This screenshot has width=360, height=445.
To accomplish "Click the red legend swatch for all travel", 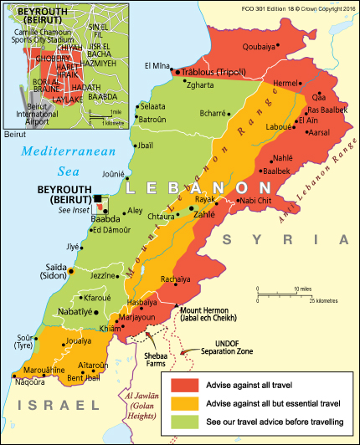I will tap(185, 384).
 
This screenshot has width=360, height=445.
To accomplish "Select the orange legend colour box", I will tap(185, 402).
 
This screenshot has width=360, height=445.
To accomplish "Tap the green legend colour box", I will tap(185, 421).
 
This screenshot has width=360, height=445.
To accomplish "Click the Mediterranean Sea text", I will tap(65, 160).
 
